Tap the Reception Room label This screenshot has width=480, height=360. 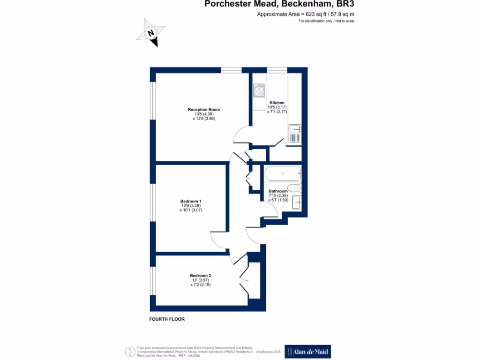[x=204, y=110]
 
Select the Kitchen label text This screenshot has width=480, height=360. [x=277, y=103]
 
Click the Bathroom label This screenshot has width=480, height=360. [x=278, y=191]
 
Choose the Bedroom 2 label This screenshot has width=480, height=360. [x=201, y=275]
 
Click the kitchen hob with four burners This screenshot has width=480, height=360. [x=259, y=90]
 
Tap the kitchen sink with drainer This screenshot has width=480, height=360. [x=295, y=133]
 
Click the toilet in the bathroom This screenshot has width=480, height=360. [x=294, y=189]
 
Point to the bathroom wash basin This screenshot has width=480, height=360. [x=297, y=202]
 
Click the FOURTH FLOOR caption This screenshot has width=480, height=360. [x=167, y=319]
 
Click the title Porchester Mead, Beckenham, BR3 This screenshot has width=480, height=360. [x=279, y=5]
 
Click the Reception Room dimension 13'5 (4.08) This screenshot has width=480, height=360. [x=204, y=114]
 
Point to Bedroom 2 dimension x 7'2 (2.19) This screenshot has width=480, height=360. [x=201, y=285]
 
